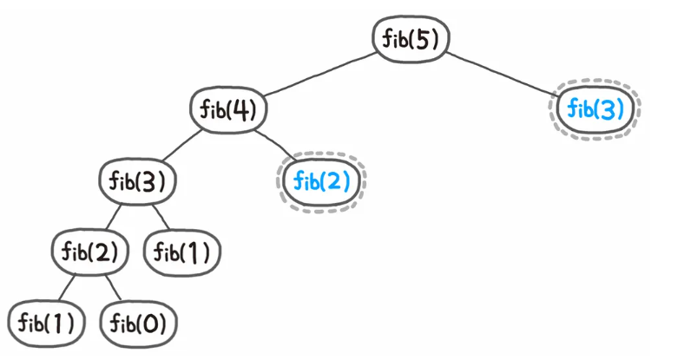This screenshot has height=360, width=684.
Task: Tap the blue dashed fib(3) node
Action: pos(595,110)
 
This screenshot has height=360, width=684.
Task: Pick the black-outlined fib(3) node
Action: pos(137,181)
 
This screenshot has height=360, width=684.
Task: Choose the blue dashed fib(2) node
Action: pos(322,181)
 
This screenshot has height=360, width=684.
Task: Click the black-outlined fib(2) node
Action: pos(90,252)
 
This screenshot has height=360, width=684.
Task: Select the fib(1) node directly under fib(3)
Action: pos(182,252)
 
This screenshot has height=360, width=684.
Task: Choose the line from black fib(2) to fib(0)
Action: pos(112,286)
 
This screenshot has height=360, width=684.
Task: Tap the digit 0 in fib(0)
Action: pos(151,324)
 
